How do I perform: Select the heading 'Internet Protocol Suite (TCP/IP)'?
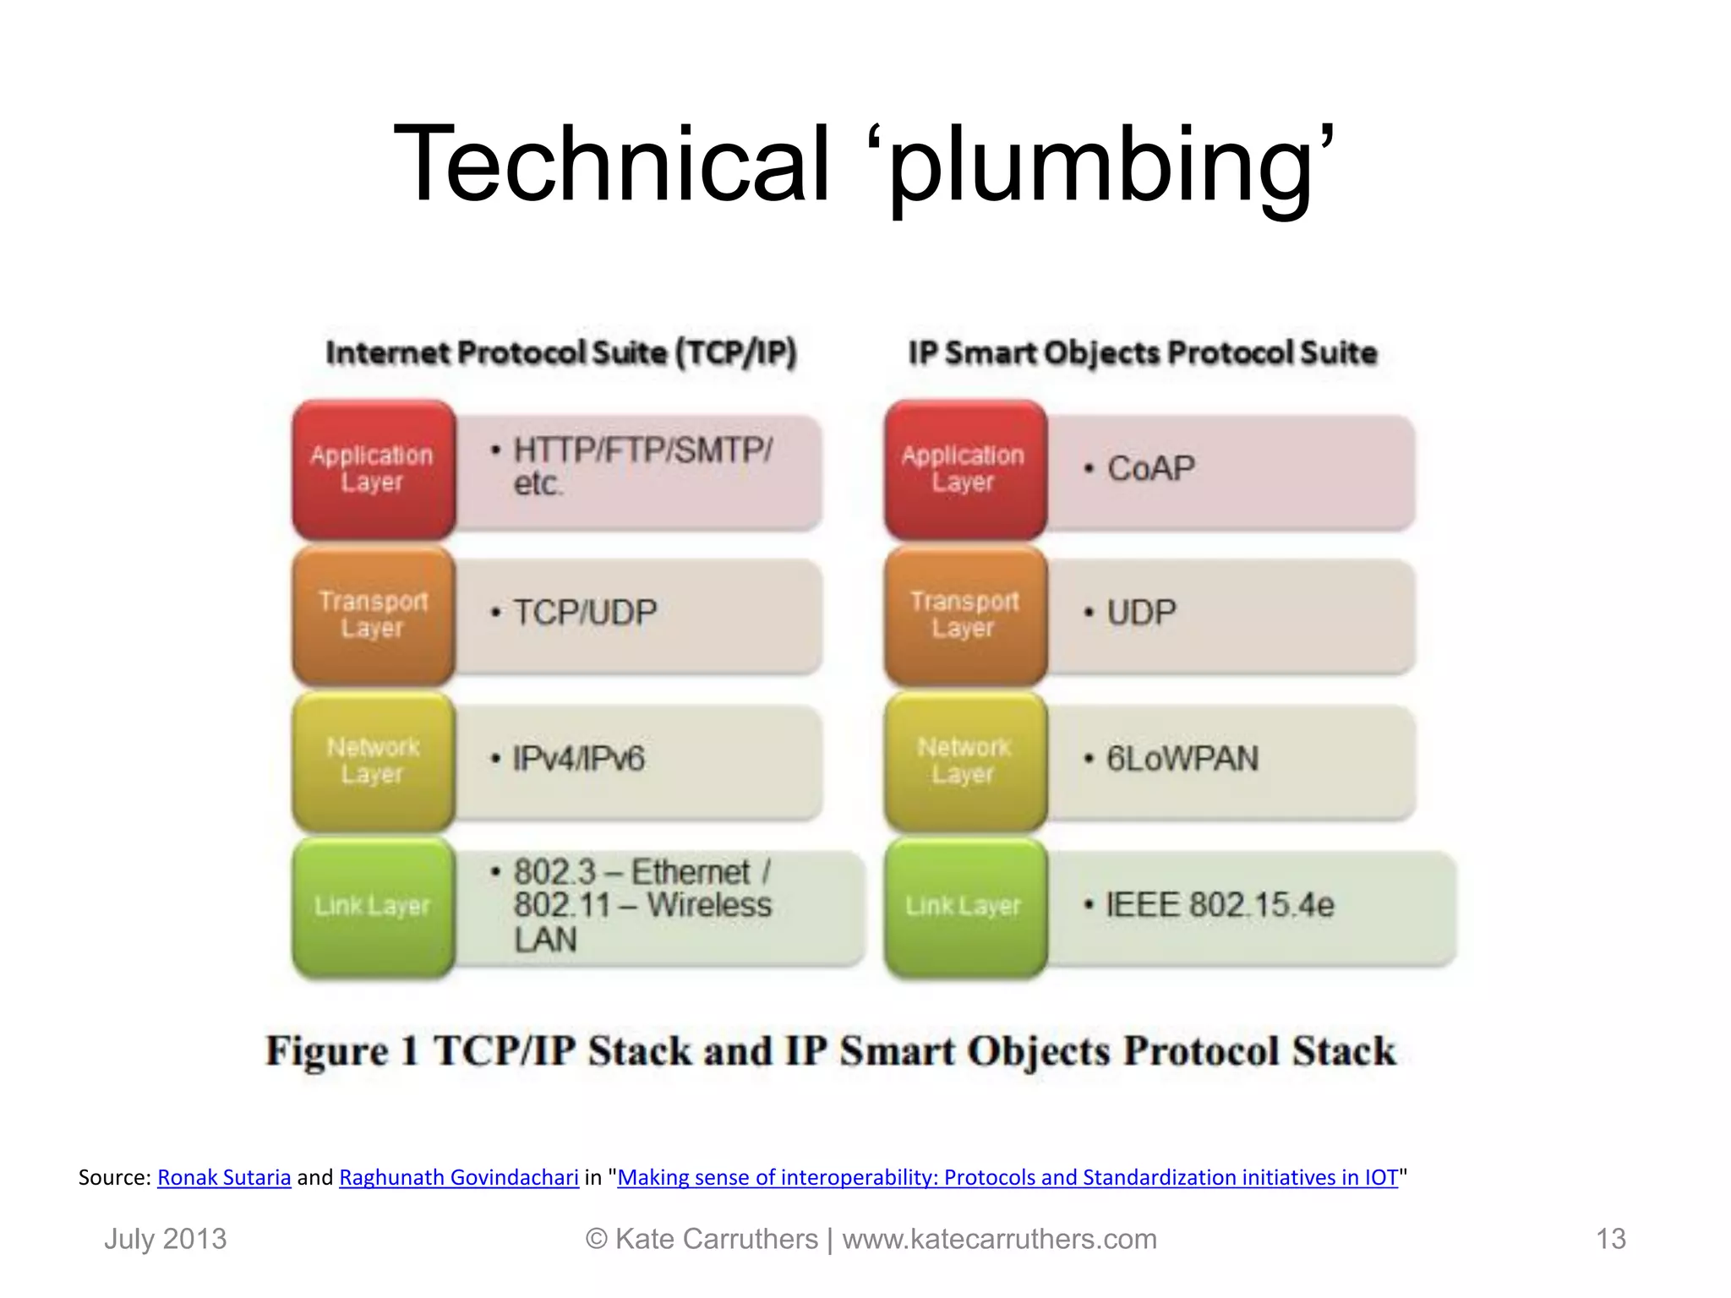(x=561, y=353)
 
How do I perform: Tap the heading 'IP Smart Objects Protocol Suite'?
(x=1143, y=353)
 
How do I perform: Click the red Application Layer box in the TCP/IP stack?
(x=373, y=470)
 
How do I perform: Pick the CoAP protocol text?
(x=1151, y=468)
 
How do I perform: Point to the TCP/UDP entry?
(x=585, y=613)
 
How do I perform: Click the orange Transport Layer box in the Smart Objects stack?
(x=964, y=615)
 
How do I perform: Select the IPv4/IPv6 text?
(x=579, y=759)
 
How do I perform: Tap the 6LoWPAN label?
(x=1182, y=759)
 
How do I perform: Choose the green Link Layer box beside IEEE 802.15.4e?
(x=964, y=907)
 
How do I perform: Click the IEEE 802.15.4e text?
(x=1220, y=906)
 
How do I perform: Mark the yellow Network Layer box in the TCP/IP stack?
(x=373, y=761)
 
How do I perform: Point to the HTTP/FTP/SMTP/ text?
(x=642, y=450)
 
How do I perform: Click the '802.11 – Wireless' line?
(x=642, y=906)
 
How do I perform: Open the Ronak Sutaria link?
(x=224, y=1177)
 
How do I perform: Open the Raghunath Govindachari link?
(x=459, y=1177)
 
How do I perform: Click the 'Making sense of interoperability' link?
(x=1007, y=1177)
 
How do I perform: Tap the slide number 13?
(x=1610, y=1239)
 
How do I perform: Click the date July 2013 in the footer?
(x=166, y=1239)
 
